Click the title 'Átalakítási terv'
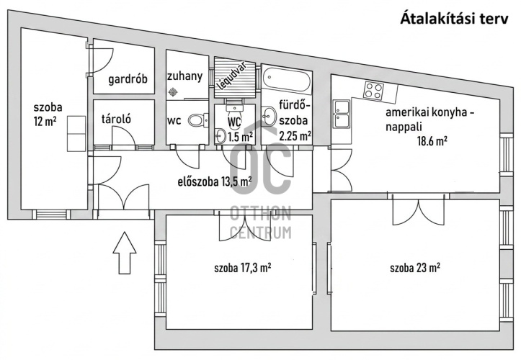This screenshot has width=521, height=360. coord(454,18)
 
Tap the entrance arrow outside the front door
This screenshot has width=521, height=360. coord(125,253)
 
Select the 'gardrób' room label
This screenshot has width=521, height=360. coord(128,80)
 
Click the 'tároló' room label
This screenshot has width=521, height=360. coord(116,119)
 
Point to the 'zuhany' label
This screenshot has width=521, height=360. coord(184,76)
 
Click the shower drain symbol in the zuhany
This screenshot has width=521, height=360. coord(172,91)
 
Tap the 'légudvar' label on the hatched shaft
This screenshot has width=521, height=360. coord(231,76)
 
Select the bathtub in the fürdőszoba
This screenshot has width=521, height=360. coord(287,80)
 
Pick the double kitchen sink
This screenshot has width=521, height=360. coord(342,114)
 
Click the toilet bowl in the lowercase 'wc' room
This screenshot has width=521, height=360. coord(198,120)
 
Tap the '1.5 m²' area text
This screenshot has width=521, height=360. coord(241,137)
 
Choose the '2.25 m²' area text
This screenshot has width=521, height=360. coord(295,136)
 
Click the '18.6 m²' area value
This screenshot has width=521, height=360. coord(432,141)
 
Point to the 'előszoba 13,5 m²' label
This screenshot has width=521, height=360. coord(215,181)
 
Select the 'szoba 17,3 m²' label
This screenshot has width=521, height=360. coord(243,268)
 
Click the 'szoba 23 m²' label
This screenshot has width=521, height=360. coord(415,267)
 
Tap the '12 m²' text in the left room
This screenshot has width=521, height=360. coord(45,122)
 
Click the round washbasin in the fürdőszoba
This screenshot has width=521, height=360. coord(269,115)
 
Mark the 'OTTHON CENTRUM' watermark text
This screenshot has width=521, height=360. coord(261,222)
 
